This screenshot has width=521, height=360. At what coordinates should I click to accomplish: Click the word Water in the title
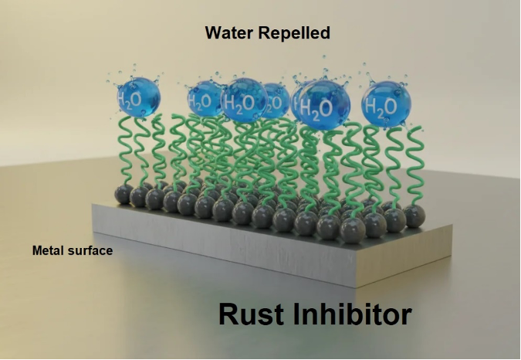coord(225,32)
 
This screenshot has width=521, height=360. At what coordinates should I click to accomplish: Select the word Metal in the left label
coord(48,250)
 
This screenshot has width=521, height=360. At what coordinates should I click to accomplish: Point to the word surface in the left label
coord(90,250)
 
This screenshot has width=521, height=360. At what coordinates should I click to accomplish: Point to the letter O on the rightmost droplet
coord(391,105)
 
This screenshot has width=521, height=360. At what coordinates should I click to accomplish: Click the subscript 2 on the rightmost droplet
coord(381,110)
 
